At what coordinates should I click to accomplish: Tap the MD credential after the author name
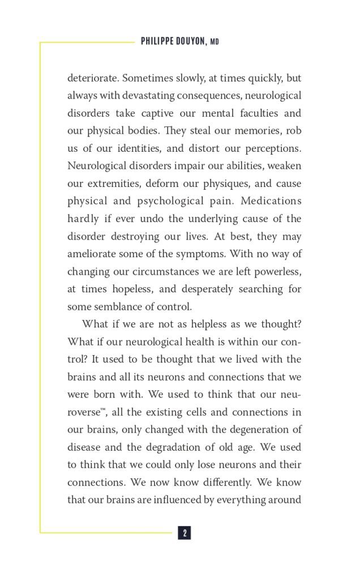tap(215, 42)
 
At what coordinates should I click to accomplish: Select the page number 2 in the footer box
tap(185, 533)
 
